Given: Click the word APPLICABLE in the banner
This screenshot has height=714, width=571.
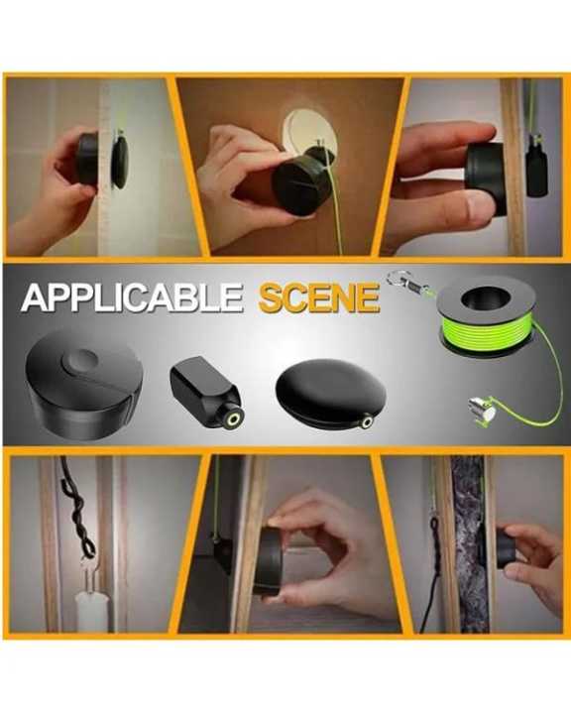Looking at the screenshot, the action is pyautogui.click(x=132, y=297).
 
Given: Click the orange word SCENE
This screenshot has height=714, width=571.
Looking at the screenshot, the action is pyautogui.click(x=319, y=297).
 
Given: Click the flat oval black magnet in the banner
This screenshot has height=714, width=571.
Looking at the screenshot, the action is pyautogui.click(x=330, y=395).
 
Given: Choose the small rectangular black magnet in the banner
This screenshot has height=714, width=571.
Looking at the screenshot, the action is pyautogui.click(x=206, y=391).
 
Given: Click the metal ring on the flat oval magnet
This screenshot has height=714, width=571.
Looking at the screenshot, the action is pyautogui.click(x=368, y=421).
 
